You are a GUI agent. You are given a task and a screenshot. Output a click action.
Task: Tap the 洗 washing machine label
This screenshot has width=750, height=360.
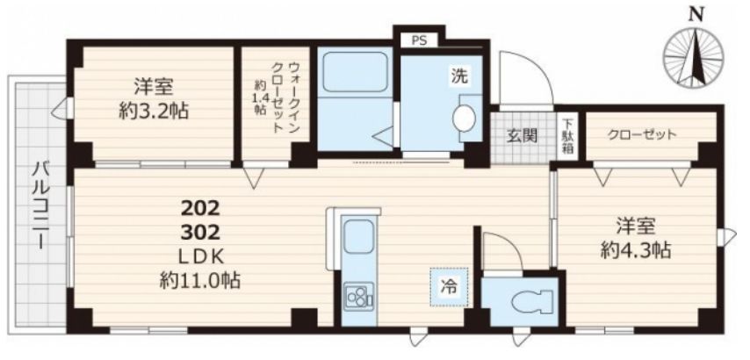click(459, 76)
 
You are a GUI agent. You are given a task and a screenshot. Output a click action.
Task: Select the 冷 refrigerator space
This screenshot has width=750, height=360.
click(449, 287)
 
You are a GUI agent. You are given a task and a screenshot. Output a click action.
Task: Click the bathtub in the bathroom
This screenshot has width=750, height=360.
click(355, 72)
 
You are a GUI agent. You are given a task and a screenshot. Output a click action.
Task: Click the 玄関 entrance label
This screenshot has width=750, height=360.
click(522, 136)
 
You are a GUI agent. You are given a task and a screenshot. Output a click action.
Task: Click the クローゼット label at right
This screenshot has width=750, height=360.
click(642, 134)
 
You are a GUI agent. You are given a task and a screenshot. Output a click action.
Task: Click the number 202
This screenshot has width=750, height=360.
click(200, 208)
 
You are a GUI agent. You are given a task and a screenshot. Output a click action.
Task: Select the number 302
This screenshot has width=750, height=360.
click(200, 233)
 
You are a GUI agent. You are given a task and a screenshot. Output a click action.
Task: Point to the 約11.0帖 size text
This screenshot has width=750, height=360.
click(200, 280)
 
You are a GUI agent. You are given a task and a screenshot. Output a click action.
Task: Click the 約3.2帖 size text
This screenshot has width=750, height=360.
click(153, 112)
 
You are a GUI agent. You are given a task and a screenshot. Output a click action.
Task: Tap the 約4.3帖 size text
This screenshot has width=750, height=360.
click(636, 249)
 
